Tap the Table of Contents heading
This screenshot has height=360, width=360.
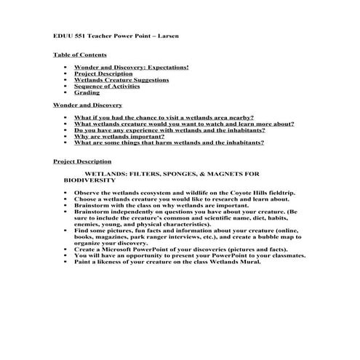(79, 55)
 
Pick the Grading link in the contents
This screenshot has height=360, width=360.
(87, 93)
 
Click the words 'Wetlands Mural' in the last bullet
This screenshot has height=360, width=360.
(235, 262)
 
